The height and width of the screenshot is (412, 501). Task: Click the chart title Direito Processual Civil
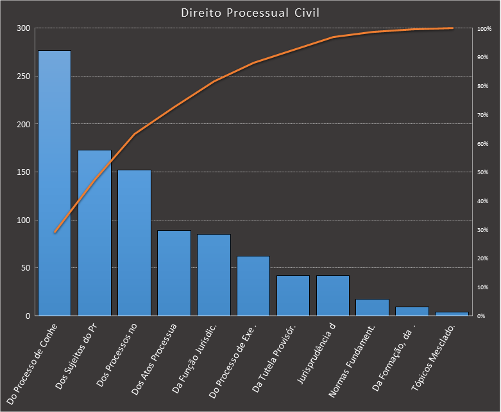click(x=250, y=13)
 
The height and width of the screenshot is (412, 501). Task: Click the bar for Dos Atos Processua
click(x=174, y=273)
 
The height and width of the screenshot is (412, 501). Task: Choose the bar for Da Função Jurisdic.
click(x=214, y=275)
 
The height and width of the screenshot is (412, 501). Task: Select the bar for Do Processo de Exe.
click(x=253, y=286)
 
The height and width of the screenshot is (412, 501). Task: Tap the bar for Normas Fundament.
click(x=373, y=308)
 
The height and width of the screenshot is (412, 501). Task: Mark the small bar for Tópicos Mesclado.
click(x=452, y=314)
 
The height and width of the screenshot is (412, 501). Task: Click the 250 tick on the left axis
click(x=23, y=76)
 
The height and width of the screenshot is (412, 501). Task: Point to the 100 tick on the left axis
click(x=23, y=220)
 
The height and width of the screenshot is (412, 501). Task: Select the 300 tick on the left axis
click(x=23, y=28)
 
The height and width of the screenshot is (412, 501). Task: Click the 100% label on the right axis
click(x=484, y=29)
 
